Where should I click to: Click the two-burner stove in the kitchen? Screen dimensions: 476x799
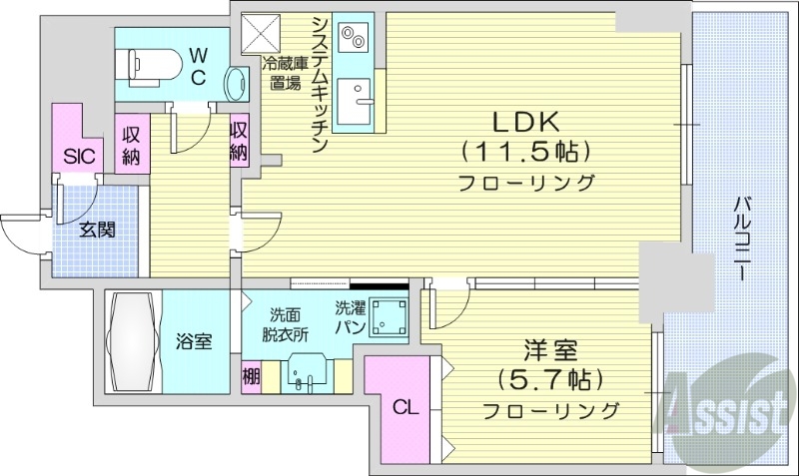pos(354,38)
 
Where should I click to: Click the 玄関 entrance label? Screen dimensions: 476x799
pos(97,230)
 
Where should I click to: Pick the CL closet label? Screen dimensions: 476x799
pos(403,407)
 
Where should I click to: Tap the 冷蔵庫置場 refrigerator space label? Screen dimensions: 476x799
pos(285,73)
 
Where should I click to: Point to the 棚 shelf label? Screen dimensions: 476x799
pos(252,378)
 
